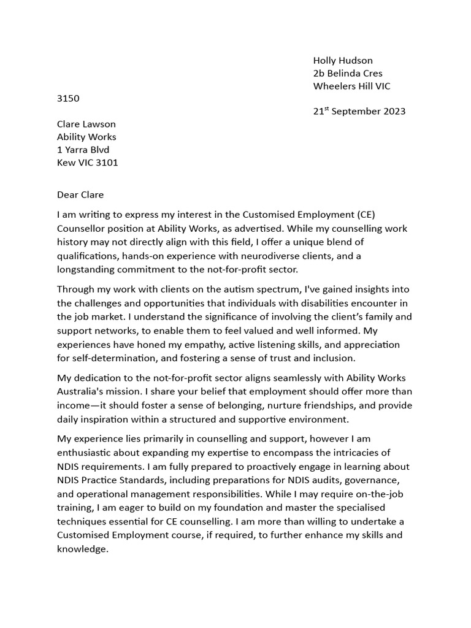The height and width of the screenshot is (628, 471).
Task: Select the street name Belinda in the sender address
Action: (347, 73)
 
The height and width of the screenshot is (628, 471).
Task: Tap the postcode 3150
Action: (68, 98)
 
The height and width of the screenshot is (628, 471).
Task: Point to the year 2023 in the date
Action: (392, 112)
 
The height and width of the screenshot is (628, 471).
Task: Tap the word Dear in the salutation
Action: (68, 195)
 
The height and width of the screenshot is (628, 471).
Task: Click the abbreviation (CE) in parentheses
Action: (383, 215)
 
